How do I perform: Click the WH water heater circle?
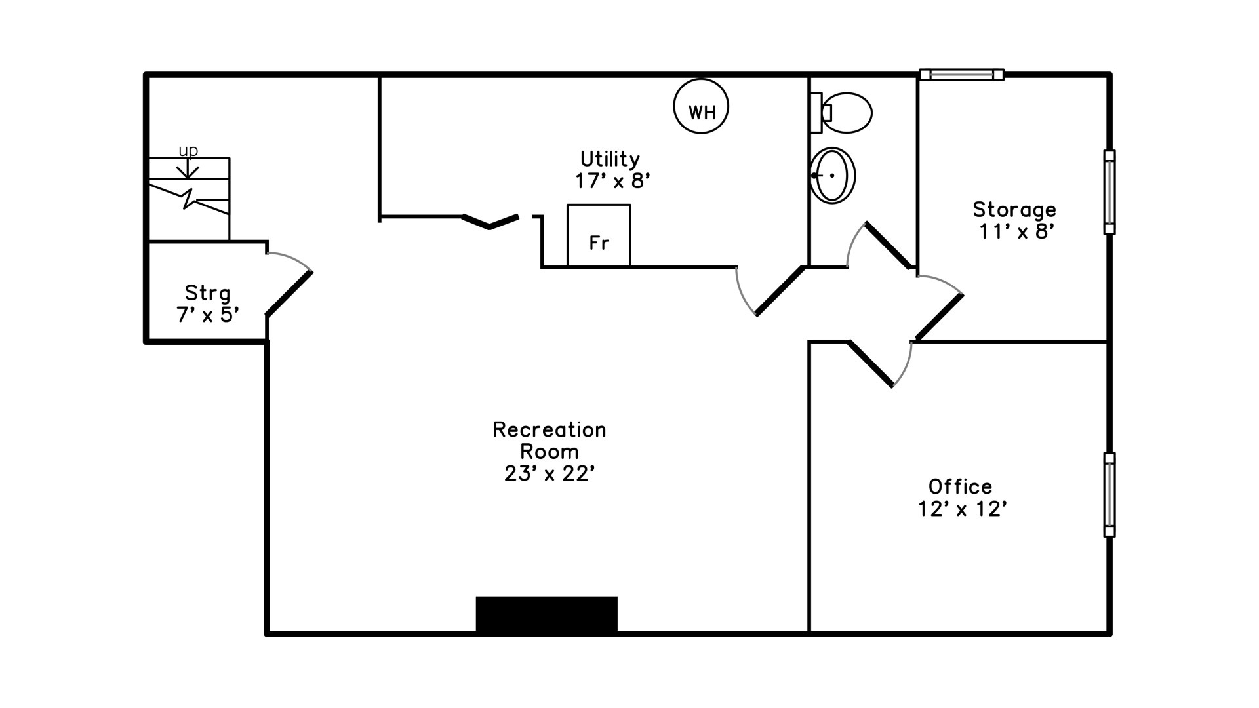tap(701, 107)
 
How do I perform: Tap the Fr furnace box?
tap(599, 236)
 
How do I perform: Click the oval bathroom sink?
tap(833, 175)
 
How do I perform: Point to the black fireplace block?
tap(546, 614)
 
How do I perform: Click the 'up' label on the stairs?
tap(188, 151)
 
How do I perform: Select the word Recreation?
tap(550, 429)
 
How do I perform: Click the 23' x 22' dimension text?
tap(550, 473)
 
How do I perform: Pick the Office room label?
tap(960, 486)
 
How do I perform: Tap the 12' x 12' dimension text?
tap(962, 509)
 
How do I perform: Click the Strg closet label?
tap(207, 293)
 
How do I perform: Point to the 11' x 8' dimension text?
tap(1017, 231)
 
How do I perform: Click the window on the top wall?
tap(961, 75)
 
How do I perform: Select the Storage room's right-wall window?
tap(1109, 192)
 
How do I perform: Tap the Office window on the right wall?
tap(1109, 495)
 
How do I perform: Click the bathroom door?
tap(889, 245)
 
